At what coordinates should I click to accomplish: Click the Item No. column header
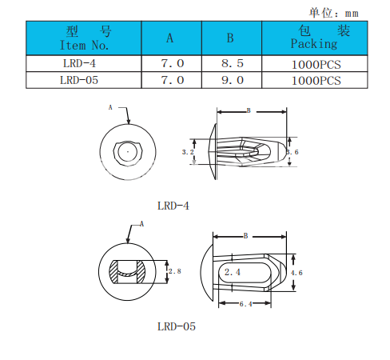(84, 38)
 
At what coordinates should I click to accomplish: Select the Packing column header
(315, 38)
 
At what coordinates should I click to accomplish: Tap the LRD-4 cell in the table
(79, 63)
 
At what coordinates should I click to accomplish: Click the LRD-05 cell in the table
(79, 80)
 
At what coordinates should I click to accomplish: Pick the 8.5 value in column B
(233, 63)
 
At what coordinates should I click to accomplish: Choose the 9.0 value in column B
(233, 80)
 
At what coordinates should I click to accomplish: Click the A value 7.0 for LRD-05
(173, 80)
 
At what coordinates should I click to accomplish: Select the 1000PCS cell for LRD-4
(316, 65)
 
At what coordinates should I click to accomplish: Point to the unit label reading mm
(352, 14)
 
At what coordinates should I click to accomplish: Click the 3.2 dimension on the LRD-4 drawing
(188, 152)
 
